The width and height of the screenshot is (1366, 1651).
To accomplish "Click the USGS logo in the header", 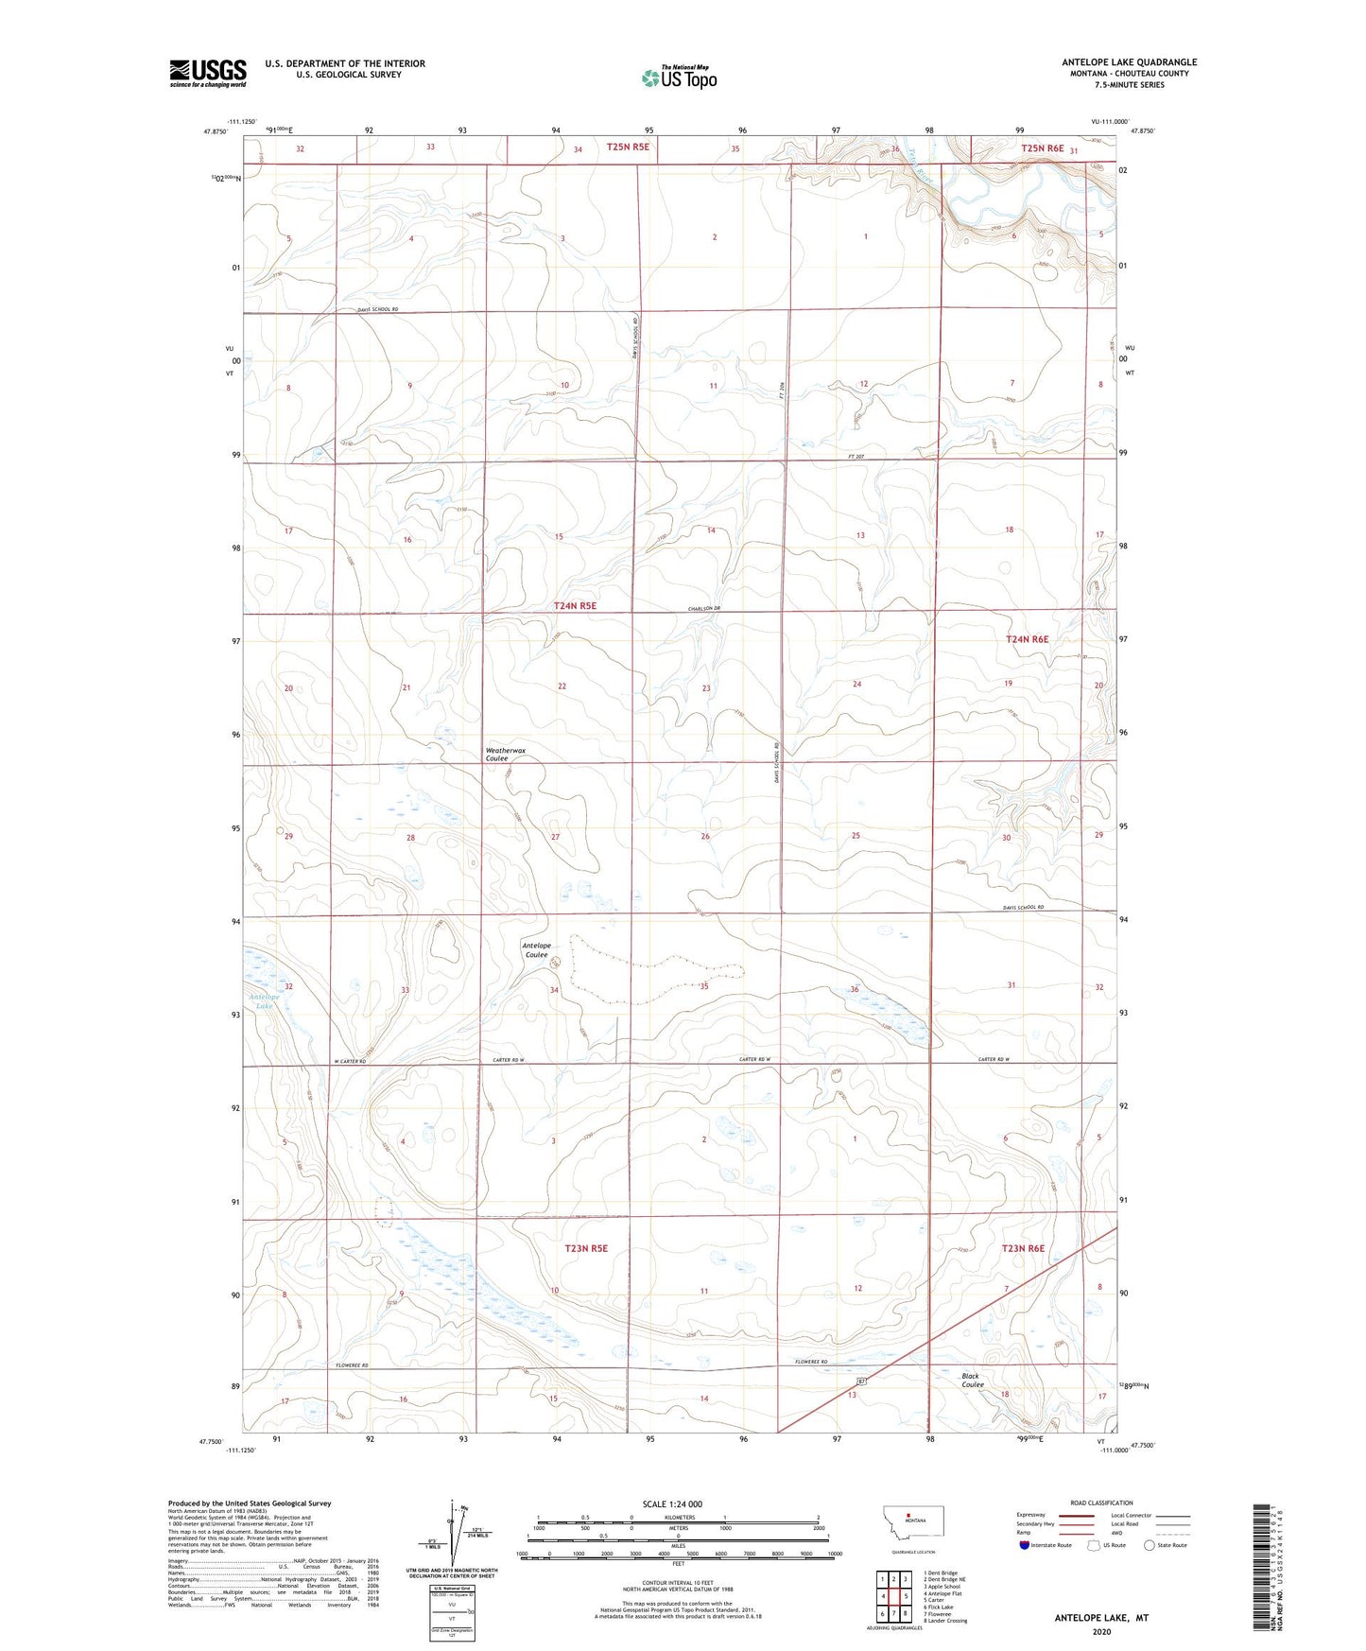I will pyautogui.click(x=207, y=73).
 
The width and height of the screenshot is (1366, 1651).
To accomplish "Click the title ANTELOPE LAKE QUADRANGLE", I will pyautogui.click(x=1129, y=62).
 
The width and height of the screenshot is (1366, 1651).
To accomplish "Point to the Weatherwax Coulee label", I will pyautogui.click(x=506, y=754).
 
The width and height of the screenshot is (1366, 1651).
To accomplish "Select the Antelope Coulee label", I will pyautogui.click(x=536, y=949).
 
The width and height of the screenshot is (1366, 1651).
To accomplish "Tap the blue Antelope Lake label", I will pyautogui.click(x=265, y=1001).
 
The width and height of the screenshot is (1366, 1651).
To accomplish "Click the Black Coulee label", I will pyautogui.click(x=972, y=1380).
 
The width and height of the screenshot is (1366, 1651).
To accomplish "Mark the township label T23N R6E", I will pyautogui.click(x=1023, y=1248).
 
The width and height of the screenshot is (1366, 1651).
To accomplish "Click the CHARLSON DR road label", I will pyautogui.click(x=700, y=608).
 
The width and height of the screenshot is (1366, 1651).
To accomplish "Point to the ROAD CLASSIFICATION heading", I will pyautogui.click(x=1101, y=1503).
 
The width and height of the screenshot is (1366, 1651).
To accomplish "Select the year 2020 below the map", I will pyautogui.click(x=1101, y=1630).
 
